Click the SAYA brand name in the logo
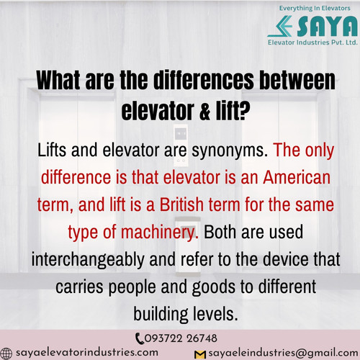coord(327,26)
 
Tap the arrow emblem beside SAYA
coord(280,26)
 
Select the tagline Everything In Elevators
coord(315,8)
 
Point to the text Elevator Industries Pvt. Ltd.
coord(312,42)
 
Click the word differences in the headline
coord(204,80)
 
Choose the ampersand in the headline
coord(204,112)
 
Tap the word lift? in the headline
coord(233,111)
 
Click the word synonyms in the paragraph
coord(230,151)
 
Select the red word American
coord(297,177)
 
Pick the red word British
coord(181,204)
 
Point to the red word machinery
coord(160,233)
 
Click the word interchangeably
coord(88,260)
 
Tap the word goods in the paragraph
coord(214,287)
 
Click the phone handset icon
coord(139,338)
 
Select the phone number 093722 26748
coord(181,338)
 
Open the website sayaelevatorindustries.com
coord(87,353)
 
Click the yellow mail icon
coord(200,355)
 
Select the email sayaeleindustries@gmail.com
coord(283,353)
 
